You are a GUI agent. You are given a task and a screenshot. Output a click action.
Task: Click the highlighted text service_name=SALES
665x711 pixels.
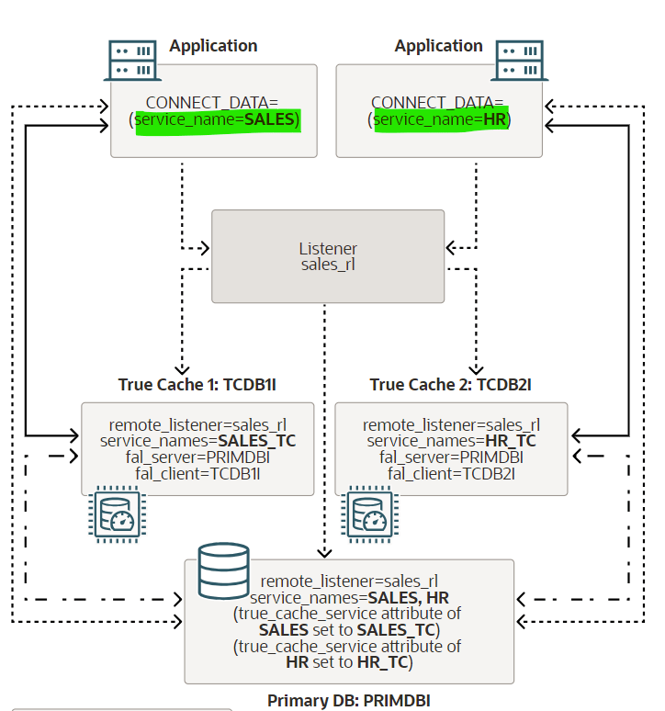point(218,119)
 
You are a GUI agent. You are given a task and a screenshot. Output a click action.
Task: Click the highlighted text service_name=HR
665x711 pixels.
point(442,119)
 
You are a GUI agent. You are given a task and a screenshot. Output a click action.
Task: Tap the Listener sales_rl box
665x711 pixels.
point(328,256)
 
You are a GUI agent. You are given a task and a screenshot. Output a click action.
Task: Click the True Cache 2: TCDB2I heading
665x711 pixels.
point(450,384)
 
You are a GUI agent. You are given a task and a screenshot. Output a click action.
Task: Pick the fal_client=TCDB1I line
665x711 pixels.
point(197,473)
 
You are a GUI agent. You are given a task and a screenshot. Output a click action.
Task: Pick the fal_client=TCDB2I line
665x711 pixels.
point(451,473)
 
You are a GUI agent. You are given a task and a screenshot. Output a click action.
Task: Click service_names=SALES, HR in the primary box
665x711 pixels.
point(349,597)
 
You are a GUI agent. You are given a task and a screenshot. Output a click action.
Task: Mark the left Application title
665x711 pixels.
point(213,46)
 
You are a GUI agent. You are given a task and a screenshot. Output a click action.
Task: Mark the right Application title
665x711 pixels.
point(438,46)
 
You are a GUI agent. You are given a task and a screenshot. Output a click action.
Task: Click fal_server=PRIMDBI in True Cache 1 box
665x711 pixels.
point(197,457)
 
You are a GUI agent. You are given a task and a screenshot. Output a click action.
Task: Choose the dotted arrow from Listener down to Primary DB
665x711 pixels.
point(324,432)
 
